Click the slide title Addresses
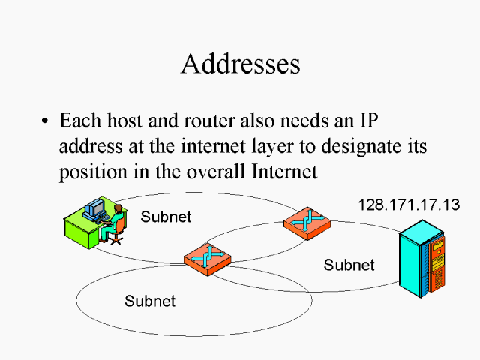pos(240,64)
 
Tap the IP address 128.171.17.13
pos(408,204)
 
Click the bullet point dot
pos(46,121)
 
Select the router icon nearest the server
pos(306,223)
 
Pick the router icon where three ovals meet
pos(207,256)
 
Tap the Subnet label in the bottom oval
pos(150,301)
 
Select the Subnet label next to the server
pos(349,265)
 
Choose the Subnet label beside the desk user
pos(166,217)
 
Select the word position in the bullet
pos(88,172)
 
